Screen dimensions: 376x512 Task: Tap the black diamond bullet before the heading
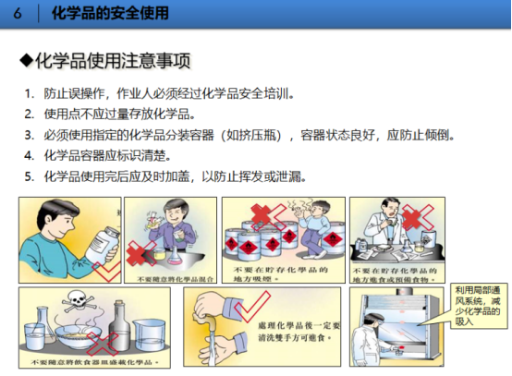click(x=27, y=62)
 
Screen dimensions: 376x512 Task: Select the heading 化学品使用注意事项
click(x=113, y=62)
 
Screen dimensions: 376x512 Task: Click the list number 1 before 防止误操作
click(x=29, y=93)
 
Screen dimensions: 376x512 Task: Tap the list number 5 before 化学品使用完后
click(x=29, y=176)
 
